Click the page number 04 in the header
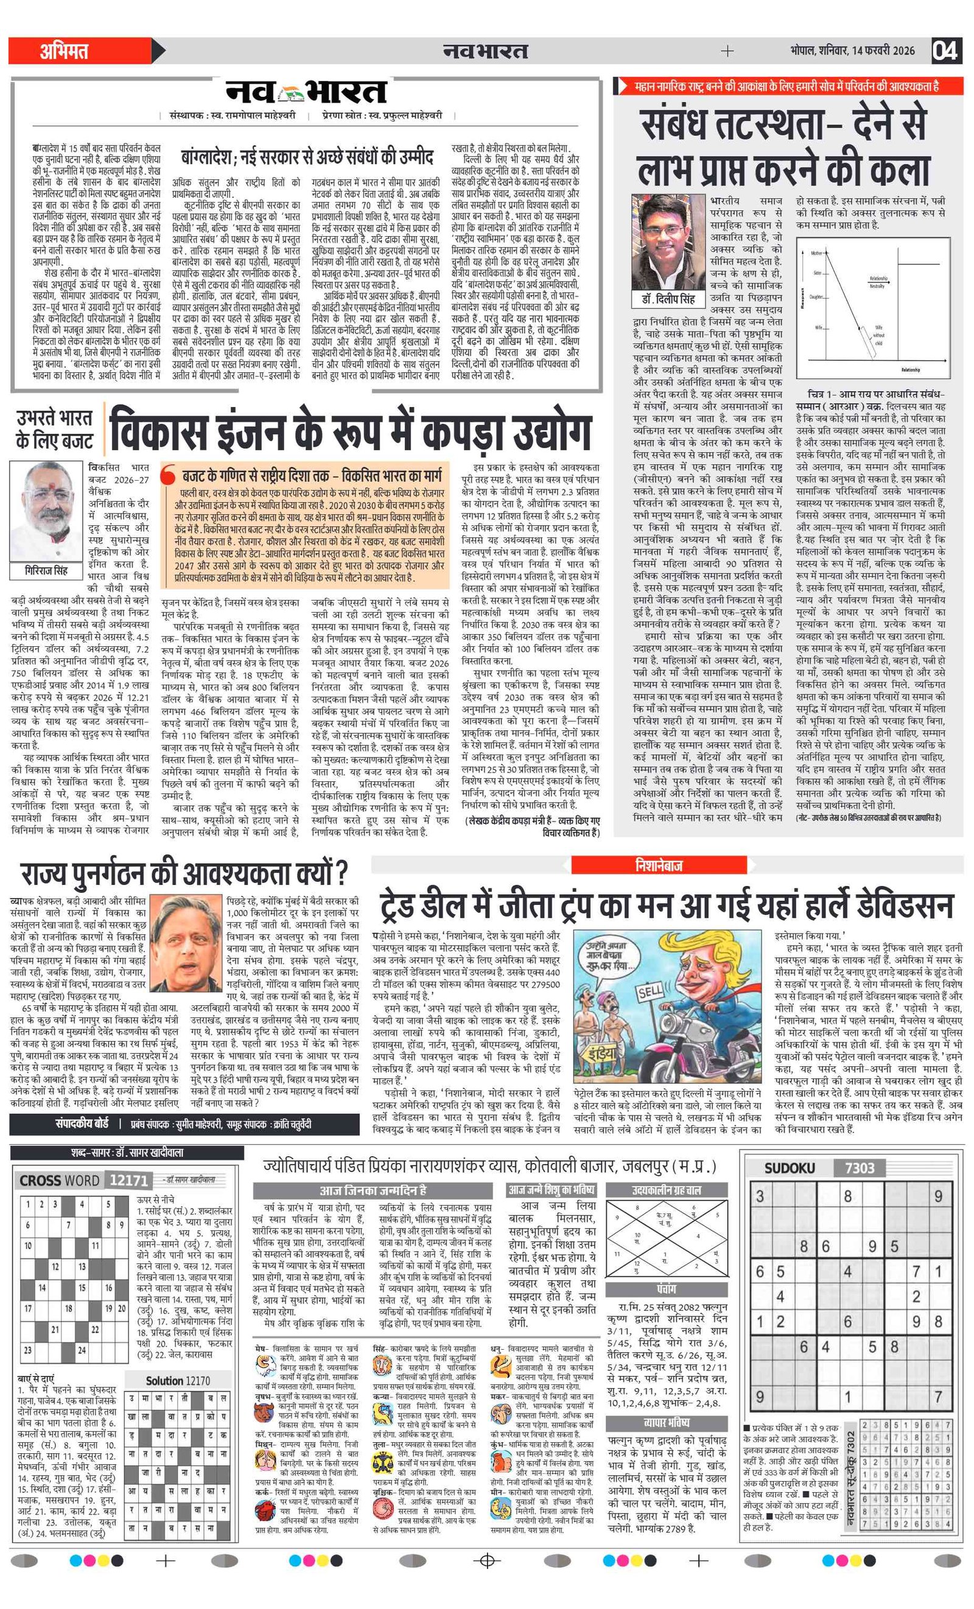(945, 51)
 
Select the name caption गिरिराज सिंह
(46, 571)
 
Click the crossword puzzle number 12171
(128, 1180)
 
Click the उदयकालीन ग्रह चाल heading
(667, 1190)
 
